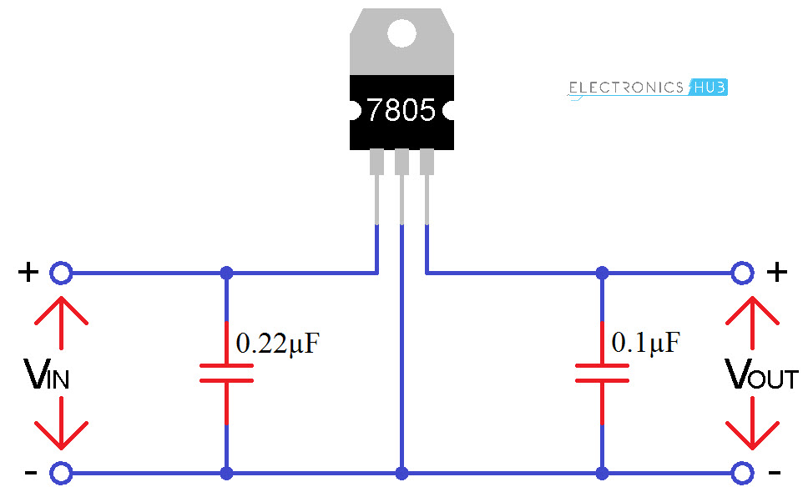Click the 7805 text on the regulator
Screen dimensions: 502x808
[x=401, y=110]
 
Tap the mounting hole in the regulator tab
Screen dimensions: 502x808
[x=401, y=33]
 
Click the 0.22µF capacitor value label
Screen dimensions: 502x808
[x=278, y=344]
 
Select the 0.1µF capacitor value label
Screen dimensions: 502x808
[x=646, y=342]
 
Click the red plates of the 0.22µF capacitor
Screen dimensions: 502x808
[x=226, y=374]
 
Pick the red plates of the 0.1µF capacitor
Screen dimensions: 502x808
[x=602, y=374]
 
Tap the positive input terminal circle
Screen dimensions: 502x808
[x=61, y=272]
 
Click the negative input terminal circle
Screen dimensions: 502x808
[x=61, y=474]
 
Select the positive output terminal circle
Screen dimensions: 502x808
[x=742, y=272]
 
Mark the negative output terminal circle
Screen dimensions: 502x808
[x=742, y=474]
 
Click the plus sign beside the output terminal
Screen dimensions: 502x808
[x=776, y=272]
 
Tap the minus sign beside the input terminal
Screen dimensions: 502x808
[x=30, y=474]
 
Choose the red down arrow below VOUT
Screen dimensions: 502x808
[x=752, y=425]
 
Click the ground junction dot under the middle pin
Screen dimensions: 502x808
[x=402, y=474]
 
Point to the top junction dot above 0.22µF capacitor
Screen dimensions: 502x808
[x=226, y=272]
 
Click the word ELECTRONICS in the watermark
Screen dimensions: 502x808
[x=626, y=88]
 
